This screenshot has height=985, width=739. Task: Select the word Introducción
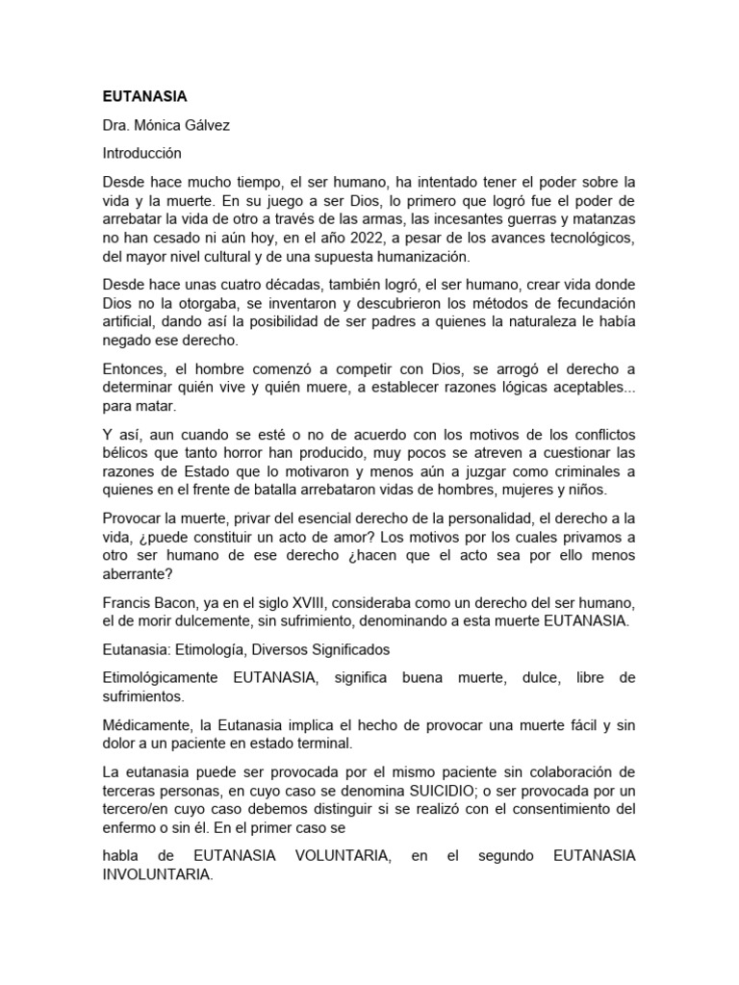[x=142, y=153]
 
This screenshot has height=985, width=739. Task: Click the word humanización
[x=428, y=257]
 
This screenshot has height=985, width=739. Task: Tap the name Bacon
[x=174, y=604]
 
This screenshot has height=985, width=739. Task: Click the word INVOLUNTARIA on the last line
[x=157, y=875]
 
